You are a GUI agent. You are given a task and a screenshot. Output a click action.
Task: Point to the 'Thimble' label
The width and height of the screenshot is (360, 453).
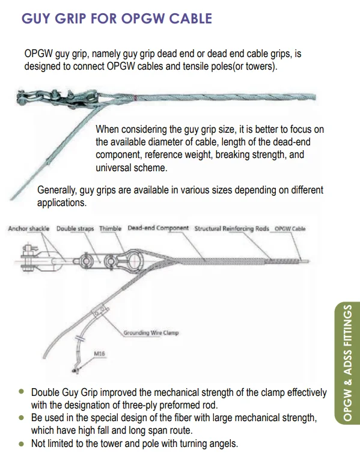[x=110, y=229]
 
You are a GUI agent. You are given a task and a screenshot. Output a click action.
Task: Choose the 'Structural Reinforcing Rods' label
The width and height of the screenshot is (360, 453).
[x=232, y=229]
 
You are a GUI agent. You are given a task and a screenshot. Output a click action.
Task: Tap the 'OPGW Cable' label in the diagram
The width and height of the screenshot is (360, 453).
[x=290, y=229]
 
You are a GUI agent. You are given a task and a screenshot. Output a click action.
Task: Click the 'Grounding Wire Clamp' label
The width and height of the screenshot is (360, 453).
[x=151, y=332]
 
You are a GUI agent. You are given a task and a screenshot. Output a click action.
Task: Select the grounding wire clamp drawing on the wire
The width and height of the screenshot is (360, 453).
[x=98, y=314]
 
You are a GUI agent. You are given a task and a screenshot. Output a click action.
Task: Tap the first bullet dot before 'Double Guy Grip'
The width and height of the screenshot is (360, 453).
[x=22, y=391]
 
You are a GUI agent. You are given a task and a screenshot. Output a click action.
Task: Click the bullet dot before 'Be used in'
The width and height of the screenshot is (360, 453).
[x=22, y=416]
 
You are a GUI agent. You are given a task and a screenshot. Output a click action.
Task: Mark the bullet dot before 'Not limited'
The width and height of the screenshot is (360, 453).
[x=22, y=443]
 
